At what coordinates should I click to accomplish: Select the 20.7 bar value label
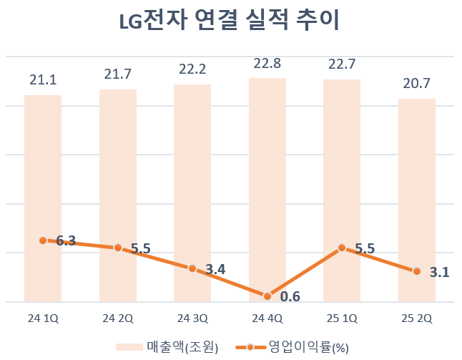(417, 83)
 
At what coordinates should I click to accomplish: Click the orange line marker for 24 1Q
(43, 240)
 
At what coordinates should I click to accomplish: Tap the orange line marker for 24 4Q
(267, 296)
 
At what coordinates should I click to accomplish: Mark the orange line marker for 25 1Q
(342, 248)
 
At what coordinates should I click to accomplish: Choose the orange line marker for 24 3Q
(192, 268)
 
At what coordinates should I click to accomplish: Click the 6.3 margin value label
(67, 241)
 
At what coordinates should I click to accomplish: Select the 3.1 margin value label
(440, 272)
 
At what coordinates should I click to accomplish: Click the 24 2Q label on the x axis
(118, 318)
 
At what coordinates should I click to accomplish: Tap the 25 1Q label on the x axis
(342, 318)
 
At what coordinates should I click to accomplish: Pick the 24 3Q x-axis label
(192, 318)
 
